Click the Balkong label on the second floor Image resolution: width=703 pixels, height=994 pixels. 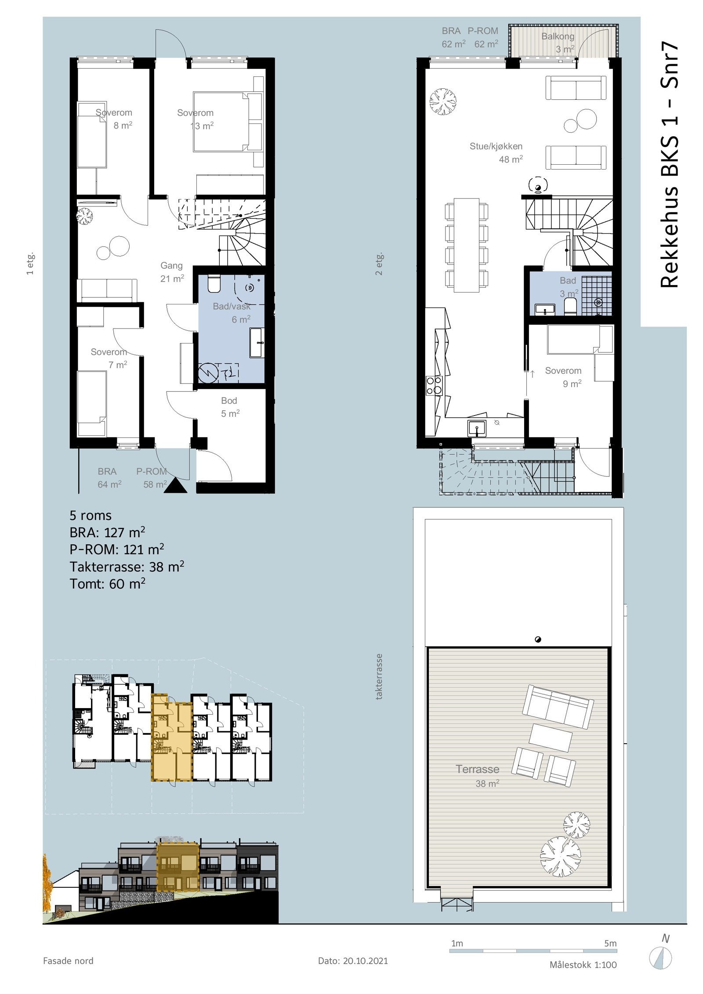pos(558,36)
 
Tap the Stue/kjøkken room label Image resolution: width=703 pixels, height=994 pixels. pos(496,146)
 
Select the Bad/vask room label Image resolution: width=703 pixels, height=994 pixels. pos(232,306)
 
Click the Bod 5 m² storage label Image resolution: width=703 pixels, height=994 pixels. pos(230,407)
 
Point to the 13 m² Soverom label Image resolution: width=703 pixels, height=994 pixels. pos(196,119)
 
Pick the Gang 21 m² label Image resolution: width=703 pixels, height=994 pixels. pos(172,272)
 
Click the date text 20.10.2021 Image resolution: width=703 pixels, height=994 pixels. pos(366,961)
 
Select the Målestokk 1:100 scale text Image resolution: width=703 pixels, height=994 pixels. pos(583,965)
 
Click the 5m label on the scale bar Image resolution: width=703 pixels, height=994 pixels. pos(610,943)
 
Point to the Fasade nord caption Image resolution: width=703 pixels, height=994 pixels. pos(68,961)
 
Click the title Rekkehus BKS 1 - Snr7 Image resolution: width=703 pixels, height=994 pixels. pos(670,166)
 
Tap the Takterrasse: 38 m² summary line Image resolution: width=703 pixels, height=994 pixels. pos(127,567)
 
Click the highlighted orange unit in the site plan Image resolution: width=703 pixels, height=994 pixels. pos(172,737)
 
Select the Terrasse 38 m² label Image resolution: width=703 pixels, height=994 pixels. pos(478,776)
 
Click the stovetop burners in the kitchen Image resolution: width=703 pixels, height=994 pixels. pos(434,385)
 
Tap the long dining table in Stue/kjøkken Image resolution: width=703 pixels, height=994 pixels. pos(467,245)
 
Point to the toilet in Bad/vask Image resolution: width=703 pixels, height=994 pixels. pos(214,284)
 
